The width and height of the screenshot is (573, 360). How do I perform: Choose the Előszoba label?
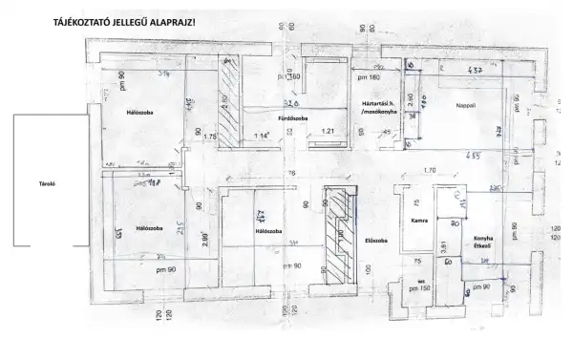375,240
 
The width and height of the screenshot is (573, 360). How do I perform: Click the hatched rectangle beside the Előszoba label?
334,234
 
